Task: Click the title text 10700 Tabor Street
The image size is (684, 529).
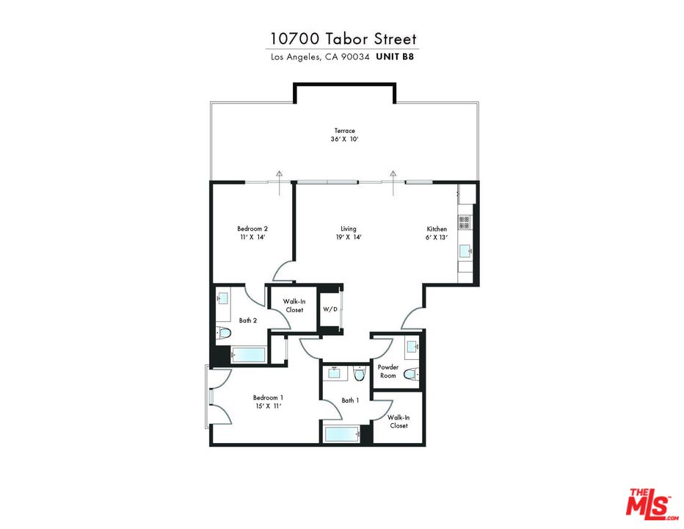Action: coord(343,39)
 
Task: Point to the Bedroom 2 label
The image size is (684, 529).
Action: coord(252,228)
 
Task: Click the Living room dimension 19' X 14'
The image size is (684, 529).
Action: coord(348,237)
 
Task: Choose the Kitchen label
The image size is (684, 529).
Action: coord(437,228)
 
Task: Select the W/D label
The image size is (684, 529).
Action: coord(330,309)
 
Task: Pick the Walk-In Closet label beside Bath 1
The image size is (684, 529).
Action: coord(399,422)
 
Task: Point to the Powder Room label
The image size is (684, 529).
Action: coord(388,371)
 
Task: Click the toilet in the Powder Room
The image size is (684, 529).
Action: coord(410,374)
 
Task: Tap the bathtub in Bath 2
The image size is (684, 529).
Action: coord(248,356)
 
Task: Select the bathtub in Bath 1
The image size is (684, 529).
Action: coord(341,434)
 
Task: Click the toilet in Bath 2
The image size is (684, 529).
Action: coord(224,334)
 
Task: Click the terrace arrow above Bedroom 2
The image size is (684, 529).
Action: coord(280,174)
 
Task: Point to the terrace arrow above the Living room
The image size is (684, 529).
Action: coord(393,174)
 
